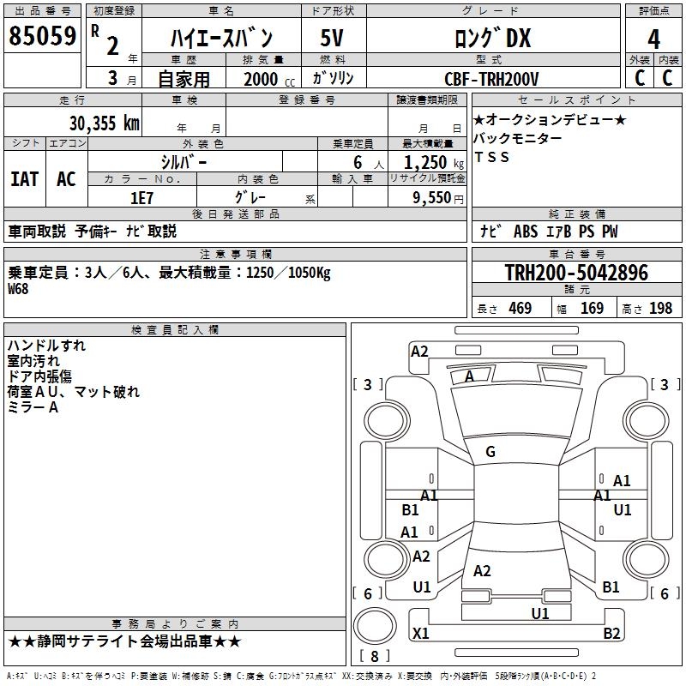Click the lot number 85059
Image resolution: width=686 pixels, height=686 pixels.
coord(41,36)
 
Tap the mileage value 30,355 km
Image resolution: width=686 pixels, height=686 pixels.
coord(105,123)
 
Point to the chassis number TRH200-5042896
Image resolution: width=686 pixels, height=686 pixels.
coord(576,273)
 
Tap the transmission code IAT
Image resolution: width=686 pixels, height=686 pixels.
coord(24,179)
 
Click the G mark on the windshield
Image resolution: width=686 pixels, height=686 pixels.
coord(490,451)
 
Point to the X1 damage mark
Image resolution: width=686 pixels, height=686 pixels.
coord(421,634)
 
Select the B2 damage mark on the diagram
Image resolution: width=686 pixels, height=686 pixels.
coord(611,634)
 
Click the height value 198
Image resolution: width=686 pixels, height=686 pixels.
coord(660,308)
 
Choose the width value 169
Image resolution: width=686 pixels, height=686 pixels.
coord(592,308)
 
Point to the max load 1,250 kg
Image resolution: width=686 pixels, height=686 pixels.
coord(426,161)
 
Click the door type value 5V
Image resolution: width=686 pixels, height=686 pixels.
coord(333,39)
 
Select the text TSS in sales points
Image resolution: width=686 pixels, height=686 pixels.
coord(491,157)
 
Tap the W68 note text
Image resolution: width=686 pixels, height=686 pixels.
coord(18,289)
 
